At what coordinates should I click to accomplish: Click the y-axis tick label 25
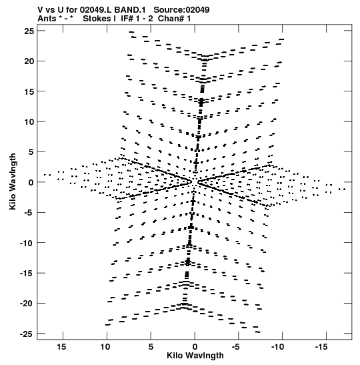click(x=29, y=31)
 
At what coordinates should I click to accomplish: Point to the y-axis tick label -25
click(x=27, y=334)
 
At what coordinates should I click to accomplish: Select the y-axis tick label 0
click(x=31, y=183)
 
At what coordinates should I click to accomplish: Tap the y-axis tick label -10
click(x=27, y=243)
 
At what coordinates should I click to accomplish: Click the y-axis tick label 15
click(x=29, y=91)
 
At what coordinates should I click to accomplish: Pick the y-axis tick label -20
click(x=27, y=304)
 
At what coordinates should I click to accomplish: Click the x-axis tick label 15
click(x=61, y=347)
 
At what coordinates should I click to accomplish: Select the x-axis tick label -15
click(x=321, y=347)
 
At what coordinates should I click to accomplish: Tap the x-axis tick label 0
click(x=195, y=347)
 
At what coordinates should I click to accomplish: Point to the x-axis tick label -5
click(x=235, y=347)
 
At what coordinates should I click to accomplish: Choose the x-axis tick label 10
click(x=105, y=347)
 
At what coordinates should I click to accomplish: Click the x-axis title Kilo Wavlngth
click(x=195, y=356)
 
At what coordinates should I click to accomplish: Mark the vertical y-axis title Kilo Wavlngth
click(x=13, y=181)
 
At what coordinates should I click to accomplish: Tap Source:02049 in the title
click(x=181, y=10)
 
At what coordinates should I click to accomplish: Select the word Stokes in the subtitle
click(x=97, y=19)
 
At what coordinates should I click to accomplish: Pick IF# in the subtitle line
click(x=127, y=19)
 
